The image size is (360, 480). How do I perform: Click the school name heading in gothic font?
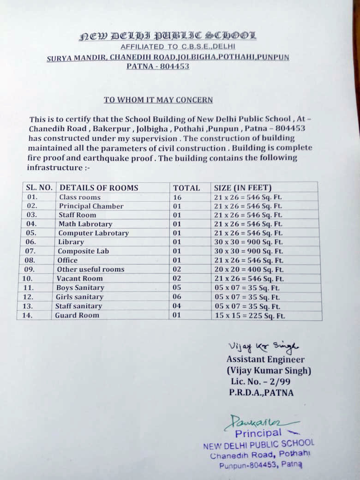coord(168,36)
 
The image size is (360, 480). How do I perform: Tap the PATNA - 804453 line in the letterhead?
coord(158,66)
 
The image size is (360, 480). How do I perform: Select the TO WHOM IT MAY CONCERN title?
coord(158,100)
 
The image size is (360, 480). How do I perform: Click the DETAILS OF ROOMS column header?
coord(99,188)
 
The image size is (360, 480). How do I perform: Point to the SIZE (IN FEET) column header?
coord(243,188)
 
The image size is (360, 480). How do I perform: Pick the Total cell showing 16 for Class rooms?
coord(177,197)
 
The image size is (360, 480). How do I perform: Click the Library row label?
coord(71,242)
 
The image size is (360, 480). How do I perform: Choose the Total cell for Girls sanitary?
coord(177,297)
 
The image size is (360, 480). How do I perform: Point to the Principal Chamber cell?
coord(91,206)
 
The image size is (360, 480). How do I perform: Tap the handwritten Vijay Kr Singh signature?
coord(263,347)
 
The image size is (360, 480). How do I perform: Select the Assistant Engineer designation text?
coord(265,360)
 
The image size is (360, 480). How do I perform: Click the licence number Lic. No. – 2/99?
coord(260,382)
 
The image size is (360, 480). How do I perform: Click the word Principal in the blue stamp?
coord(258,433)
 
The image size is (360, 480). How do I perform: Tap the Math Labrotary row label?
coord(85,224)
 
